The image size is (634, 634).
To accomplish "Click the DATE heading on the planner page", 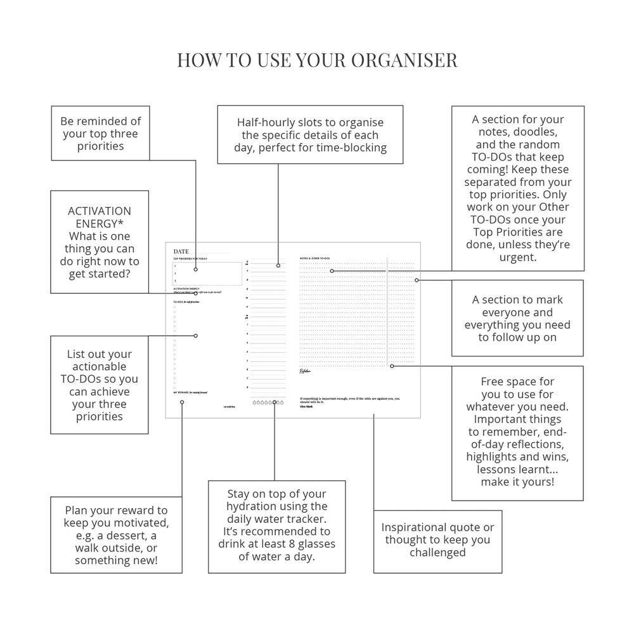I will [x=181, y=251].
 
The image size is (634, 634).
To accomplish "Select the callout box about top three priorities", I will [x=100, y=133].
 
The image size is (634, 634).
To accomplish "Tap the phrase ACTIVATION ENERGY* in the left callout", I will [x=100, y=217].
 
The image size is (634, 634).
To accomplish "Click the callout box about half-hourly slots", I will [x=310, y=135].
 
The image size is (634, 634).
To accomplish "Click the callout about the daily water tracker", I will [x=277, y=525].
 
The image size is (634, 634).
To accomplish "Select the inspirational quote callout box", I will [x=437, y=540].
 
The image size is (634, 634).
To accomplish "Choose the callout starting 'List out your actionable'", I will [x=100, y=385].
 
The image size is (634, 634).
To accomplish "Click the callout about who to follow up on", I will [x=517, y=318].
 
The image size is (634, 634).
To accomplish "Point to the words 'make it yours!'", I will [x=517, y=482].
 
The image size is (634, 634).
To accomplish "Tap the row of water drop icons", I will [x=268, y=402].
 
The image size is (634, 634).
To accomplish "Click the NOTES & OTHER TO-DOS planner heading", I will [x=314, y=258].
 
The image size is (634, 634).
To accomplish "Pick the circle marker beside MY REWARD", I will [x=182, y=402].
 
